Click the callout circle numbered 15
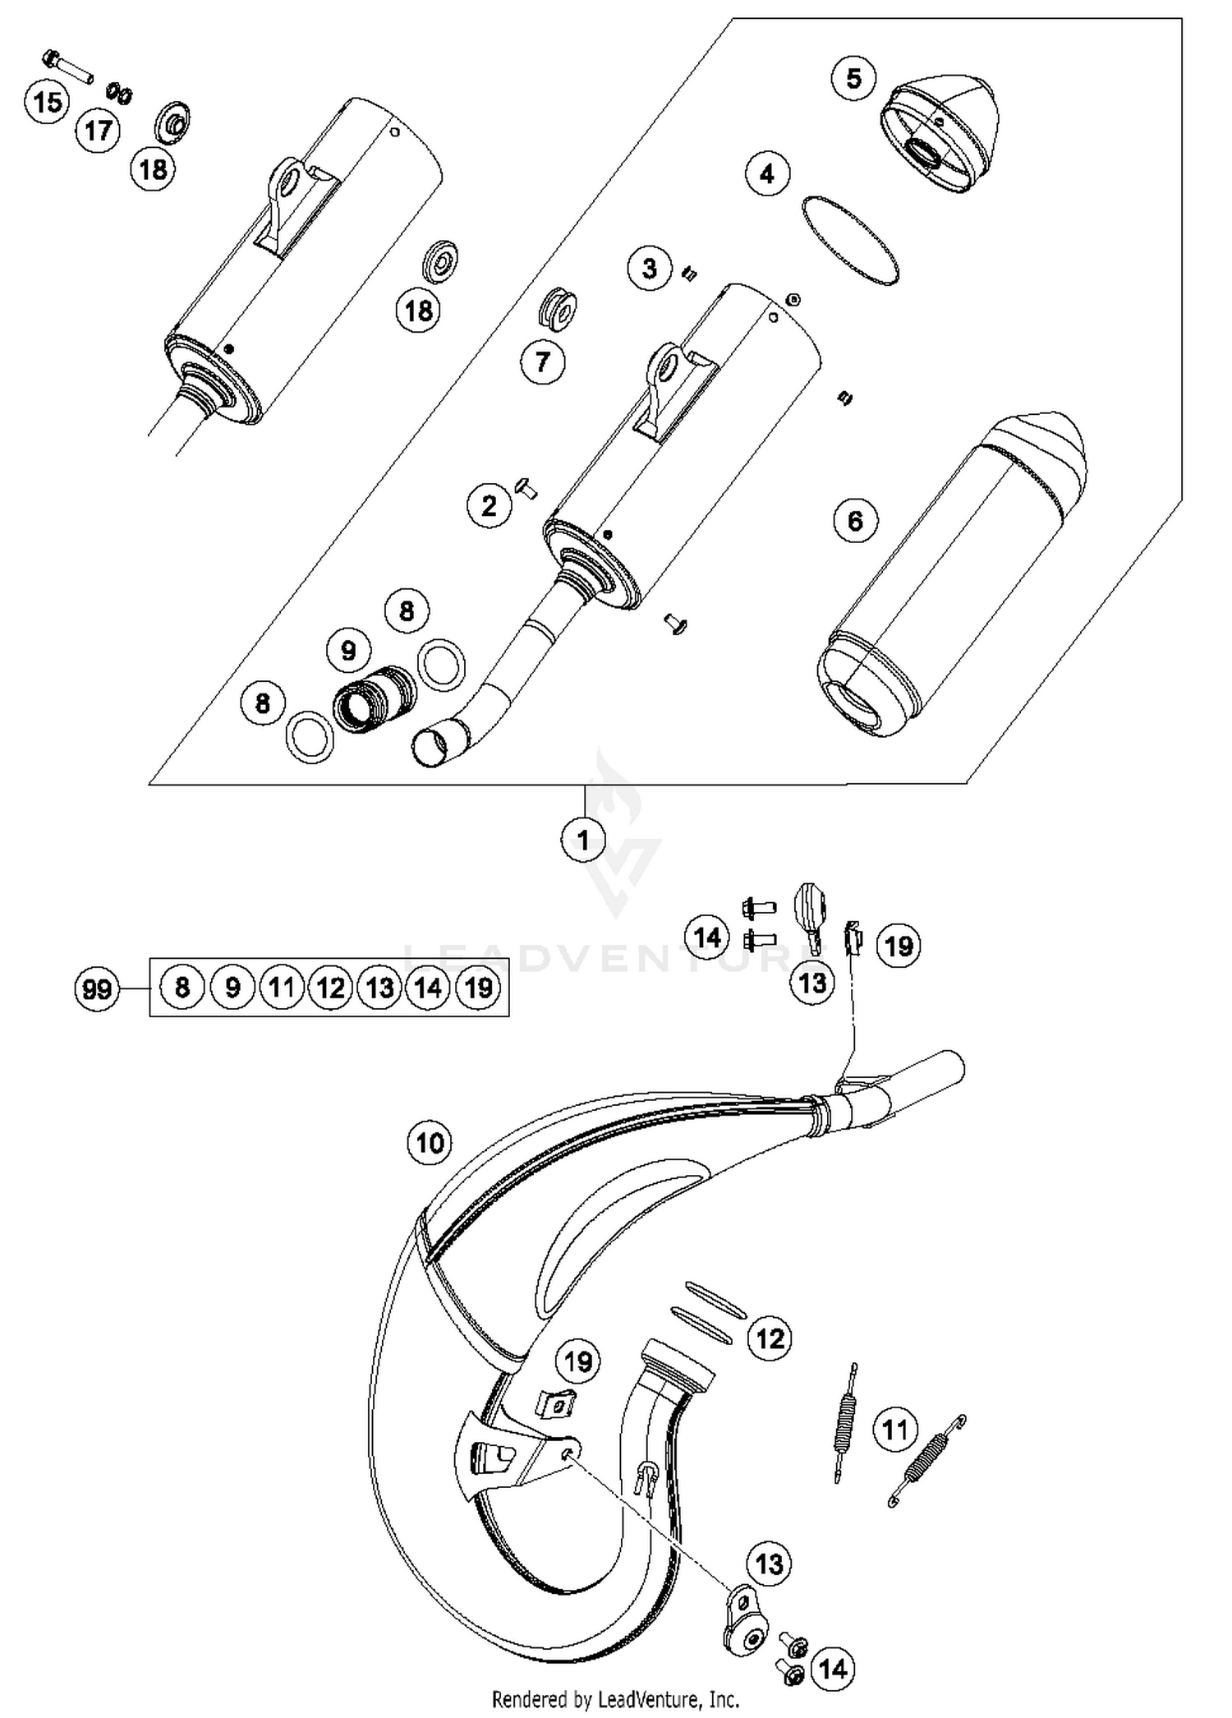pyautogui.click(x=48, y=103)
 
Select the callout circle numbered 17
pyautogui.click(x=98, y=130)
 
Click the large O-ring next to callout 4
pyautogui.click(x=849, y=242)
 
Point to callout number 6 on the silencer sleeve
pyautogui.click(x=855, y=520)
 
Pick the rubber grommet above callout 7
pyautogui.click(x=559, y=307)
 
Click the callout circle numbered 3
pyautogui.click(x=649, y=268)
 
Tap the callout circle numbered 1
pyautogui.click(x=583, y=840)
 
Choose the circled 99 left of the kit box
pyautogui.click(x=97, y=988)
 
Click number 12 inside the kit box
pyautogui.click(x=330, y=987)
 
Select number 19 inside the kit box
pyautogui.click(x=478, y=987)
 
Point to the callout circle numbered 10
pyautogui.click(x=430, y=1143)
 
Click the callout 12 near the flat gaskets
pyautogui.click(x=770, y=1339)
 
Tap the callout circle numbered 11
pyautogui.click(x=894, y=1430)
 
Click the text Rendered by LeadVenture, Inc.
pyautogui.click(x=615, y=1698)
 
